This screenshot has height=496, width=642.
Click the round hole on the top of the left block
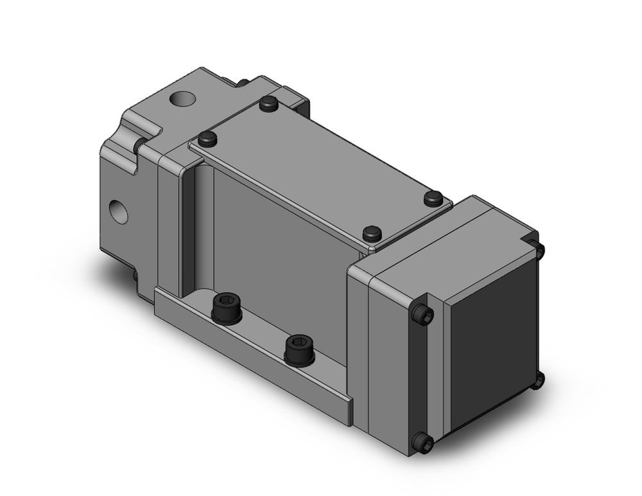pos(181,99)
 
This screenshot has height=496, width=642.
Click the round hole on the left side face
pos(119,211)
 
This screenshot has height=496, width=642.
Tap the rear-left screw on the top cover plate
pos(269,103)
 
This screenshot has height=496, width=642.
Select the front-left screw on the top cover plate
pos(207,137)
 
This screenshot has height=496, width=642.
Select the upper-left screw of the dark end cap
pos(422,314)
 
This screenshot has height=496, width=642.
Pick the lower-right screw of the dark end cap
pos(537,380)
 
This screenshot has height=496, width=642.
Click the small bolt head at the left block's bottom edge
pos(135,275)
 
